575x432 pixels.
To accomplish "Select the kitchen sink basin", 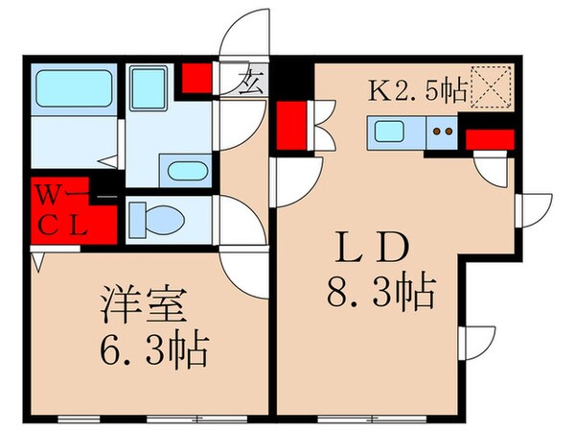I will coord(390,132).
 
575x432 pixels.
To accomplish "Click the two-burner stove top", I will coord(442,132).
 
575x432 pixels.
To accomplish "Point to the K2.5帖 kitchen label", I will coord(418,91).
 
